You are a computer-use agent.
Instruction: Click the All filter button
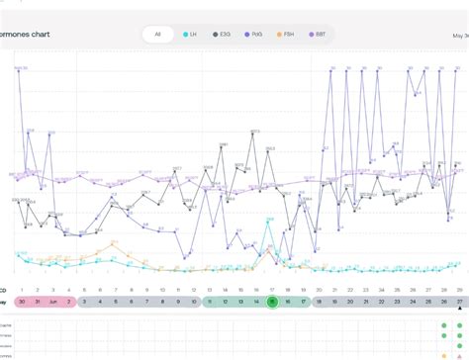coord(155,36)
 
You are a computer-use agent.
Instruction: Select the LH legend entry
coord(189,36)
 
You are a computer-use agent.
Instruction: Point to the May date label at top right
coord(459,35)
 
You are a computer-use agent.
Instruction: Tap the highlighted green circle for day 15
coord(272,302)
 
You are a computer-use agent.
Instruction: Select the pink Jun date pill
coord(53,302)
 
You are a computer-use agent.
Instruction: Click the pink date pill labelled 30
coord(22,302)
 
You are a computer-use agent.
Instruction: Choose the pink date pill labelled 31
coord(38,302)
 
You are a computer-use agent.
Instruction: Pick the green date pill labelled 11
coord(210,302)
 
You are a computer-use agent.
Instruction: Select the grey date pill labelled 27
coord(459,302)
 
